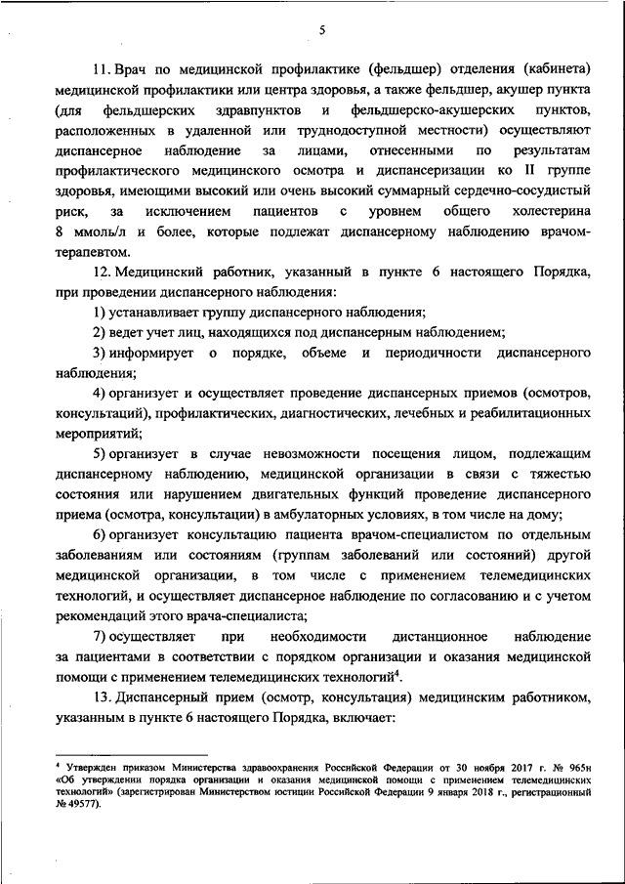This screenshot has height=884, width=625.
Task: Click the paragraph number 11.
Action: pyautogui.click(x=101, y=72)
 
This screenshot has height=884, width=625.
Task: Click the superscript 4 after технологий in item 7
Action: pyautogui.click(x=400, y=674)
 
